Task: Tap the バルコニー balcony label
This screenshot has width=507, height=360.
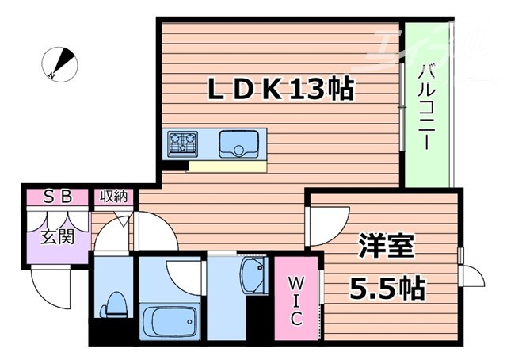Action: tap(425, 106)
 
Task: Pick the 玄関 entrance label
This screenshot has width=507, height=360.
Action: tap(57, 237)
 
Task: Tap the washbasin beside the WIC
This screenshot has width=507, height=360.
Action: tap(254, 278)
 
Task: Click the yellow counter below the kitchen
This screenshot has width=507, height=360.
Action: tap(228, 167)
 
